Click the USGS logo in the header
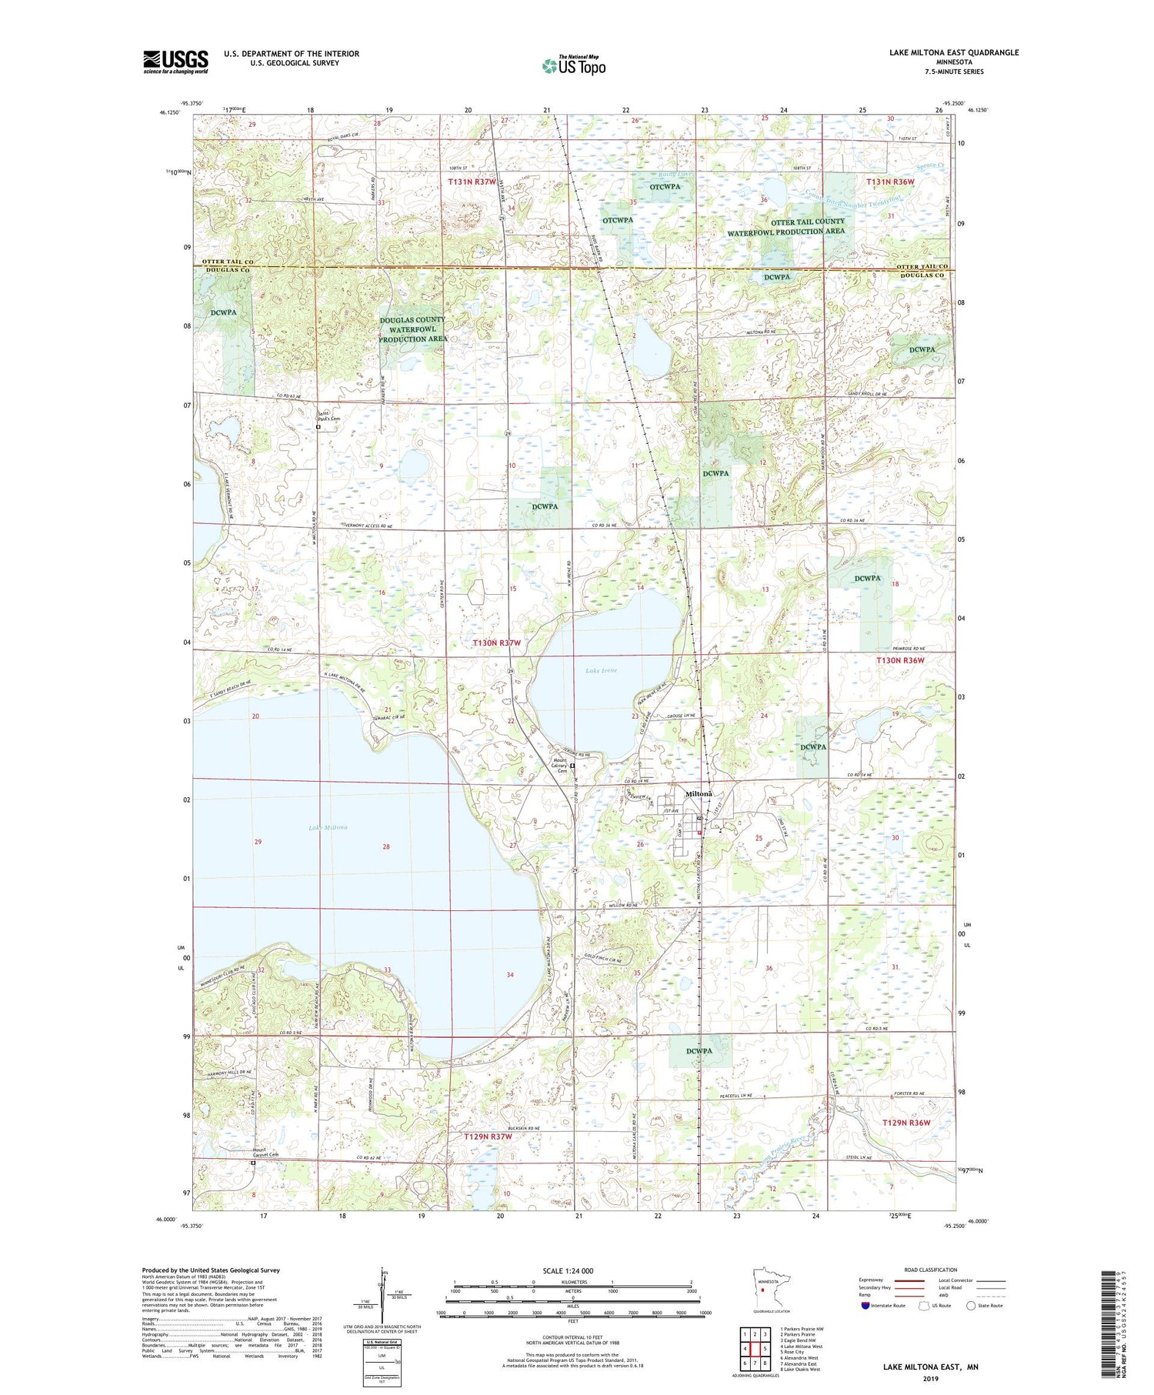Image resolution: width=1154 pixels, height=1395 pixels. pos(175,62)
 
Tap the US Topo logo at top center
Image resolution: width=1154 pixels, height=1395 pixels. pos(574,66)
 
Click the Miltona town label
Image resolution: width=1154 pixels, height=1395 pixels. pos(699,793)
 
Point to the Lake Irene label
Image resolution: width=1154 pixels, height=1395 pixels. pos(601,670)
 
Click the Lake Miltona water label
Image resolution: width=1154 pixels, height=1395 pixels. pos(328,828)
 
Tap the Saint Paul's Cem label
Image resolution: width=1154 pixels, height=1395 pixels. pos(329,416)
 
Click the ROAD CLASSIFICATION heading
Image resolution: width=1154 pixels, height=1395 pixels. pos(930,1270)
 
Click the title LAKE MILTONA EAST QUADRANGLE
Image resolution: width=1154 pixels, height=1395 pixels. pos(954,52)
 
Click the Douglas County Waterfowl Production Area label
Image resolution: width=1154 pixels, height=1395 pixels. pos(413,329)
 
